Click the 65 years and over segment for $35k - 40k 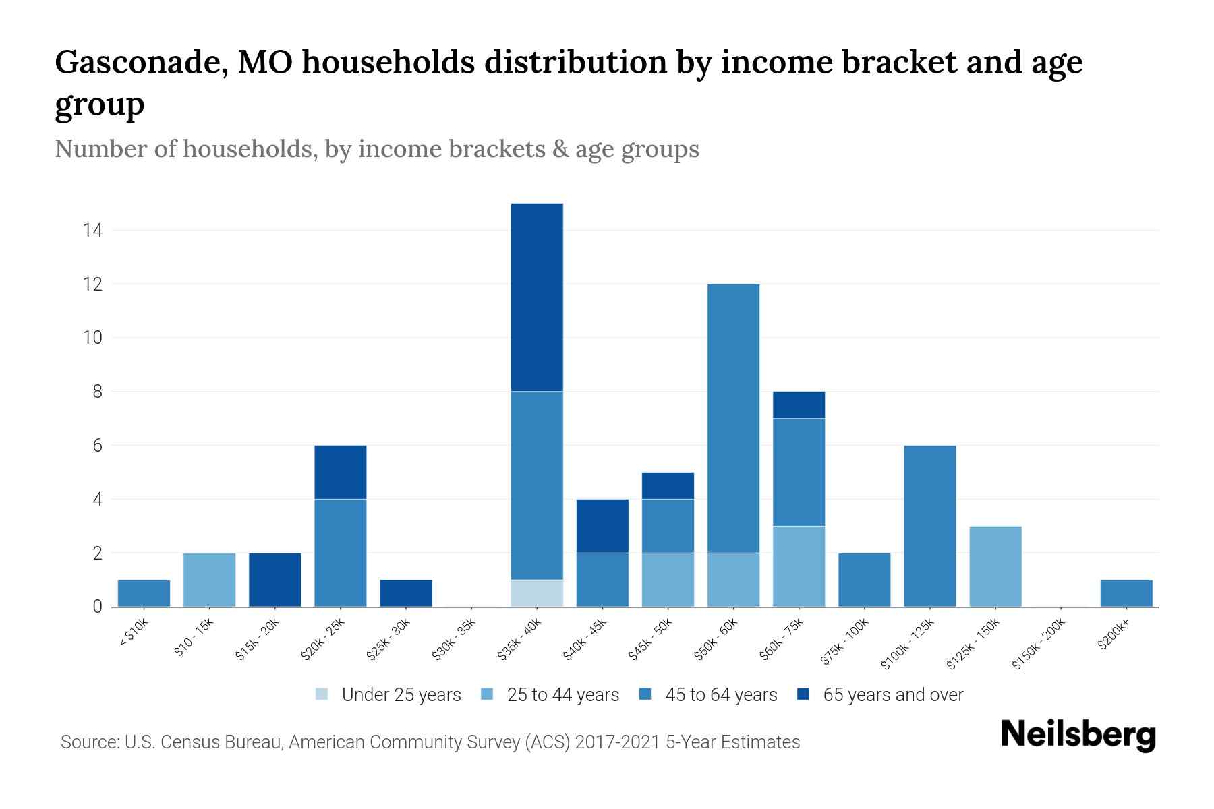[x=537, y=297]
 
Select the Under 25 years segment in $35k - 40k [x=537, y=593]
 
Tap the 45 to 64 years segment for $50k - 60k [x=733, y=419]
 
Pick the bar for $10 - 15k [x=209, y=580]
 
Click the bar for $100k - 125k [x=929, y=526]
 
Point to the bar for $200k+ [x=1126, y=593]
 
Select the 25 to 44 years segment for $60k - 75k [x=799, y=566]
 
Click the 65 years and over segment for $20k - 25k [x=340, y=472]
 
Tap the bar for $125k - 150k [x=995, y=566]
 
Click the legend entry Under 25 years [x=401, y=695]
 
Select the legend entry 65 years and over [x=892, y=695]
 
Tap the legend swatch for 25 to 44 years [x=488, y=694]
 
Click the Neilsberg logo [x=1078, y=735]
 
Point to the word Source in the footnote [x=88, y=742]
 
